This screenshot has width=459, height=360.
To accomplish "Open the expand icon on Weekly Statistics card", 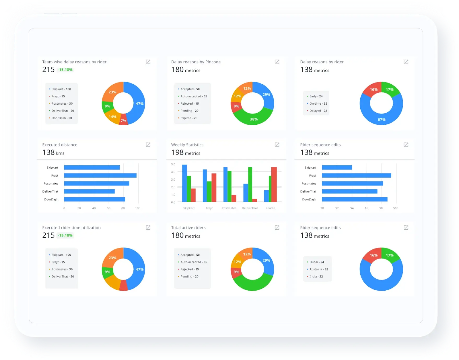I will coord(277,145).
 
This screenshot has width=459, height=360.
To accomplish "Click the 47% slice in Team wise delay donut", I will coord(139,104).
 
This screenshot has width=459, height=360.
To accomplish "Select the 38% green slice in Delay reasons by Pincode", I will coord(254,119).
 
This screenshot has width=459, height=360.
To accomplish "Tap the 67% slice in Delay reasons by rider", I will coord(382,120).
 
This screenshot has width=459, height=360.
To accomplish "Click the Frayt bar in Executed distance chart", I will coord(100,175).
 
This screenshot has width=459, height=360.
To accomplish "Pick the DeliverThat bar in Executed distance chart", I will coord(89,191).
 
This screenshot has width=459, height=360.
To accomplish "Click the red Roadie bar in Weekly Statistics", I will coord(274,184).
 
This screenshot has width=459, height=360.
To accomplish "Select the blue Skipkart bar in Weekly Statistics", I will coord(184,183).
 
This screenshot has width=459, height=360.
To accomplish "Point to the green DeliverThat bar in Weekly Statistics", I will coord(250,184).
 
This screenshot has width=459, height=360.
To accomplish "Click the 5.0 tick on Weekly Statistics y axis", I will coord(173,164).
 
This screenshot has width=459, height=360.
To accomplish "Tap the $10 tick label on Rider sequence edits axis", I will coord(396,208).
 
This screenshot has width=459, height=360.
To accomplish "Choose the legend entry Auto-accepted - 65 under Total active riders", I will coord(194,262).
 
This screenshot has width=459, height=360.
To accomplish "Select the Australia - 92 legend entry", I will coord(318,269).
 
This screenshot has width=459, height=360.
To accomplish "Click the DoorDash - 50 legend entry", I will coord(62,118).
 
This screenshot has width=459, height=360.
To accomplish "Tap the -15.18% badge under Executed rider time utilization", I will coord(65,235).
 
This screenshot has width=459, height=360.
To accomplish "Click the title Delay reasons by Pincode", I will coord(196,62).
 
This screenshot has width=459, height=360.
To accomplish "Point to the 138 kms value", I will coord(53,152).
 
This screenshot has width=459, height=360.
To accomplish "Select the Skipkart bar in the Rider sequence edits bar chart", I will coord(337,167).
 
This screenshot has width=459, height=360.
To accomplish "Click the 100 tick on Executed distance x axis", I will coord(138,208).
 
